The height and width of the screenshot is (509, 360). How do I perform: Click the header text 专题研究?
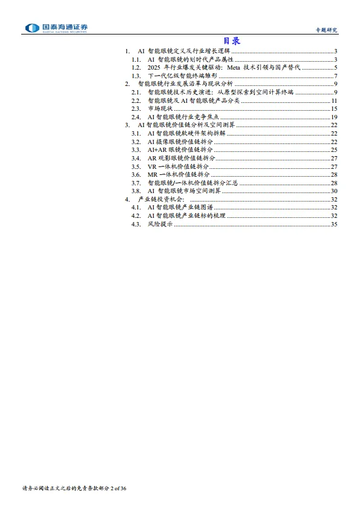(x=326, y=30)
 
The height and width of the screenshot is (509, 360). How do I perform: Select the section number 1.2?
(x=136, y=67)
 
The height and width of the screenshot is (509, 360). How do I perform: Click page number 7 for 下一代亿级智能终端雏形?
(x=335, y=76)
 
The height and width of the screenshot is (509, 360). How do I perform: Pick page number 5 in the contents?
(x=335, y=67)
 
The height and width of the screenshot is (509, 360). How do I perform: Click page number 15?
(x=334, y=108)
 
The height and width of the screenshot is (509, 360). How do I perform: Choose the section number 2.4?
(x=136, y=116)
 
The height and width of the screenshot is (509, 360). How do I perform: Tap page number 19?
(x=334, y=116)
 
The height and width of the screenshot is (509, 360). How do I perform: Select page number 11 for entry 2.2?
(x=334, y=100)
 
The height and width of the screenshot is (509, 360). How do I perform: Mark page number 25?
(x=334, y=149)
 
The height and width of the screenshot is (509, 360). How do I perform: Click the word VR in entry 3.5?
(x=152, y=166)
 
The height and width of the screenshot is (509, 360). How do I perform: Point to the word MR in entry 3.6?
(x=152, y=174)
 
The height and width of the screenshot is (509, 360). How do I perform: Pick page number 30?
(x=334, y=191)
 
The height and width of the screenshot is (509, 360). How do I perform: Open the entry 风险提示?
(x=160, y=224)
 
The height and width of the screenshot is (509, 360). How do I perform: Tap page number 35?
(x=334, y=224)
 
